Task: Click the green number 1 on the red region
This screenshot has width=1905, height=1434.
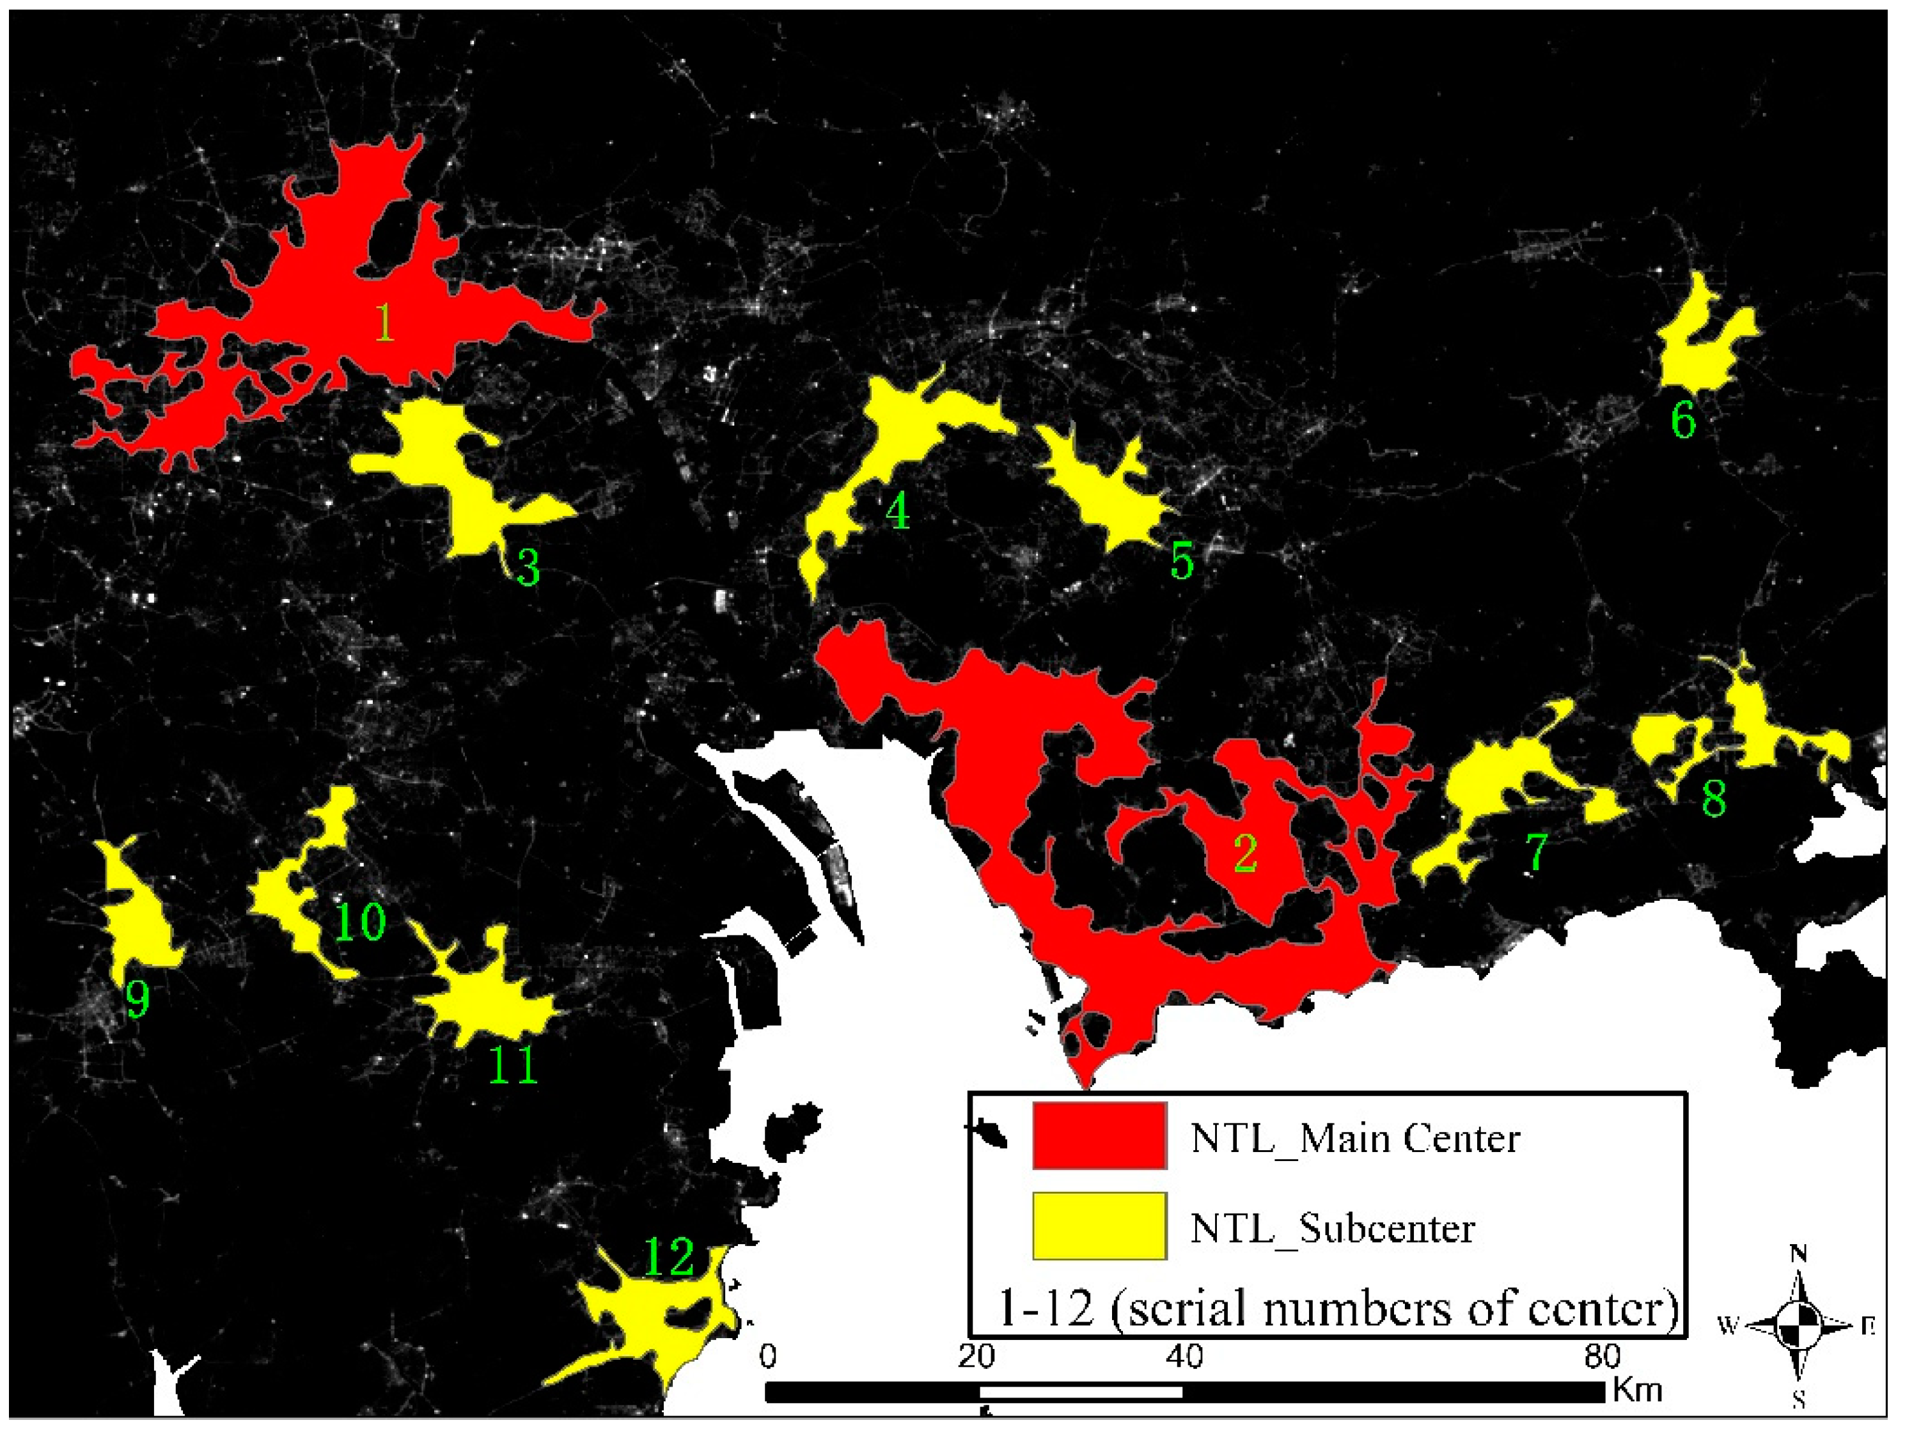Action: [384, 323]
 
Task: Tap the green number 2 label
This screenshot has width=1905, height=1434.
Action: [1245, 853]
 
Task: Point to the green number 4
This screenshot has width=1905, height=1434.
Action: [897, 511]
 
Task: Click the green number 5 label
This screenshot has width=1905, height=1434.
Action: [1182, 561]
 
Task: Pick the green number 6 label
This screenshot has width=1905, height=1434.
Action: [1683, 420]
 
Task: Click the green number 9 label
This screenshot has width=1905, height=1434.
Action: [137, 999]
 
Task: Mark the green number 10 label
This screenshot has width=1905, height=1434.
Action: [359, 921]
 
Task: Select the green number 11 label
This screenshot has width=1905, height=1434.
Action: [513, 1064]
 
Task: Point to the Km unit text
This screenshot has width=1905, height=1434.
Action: [1637, 1389]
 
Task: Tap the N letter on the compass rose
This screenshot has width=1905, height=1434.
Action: [1799, 1253]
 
